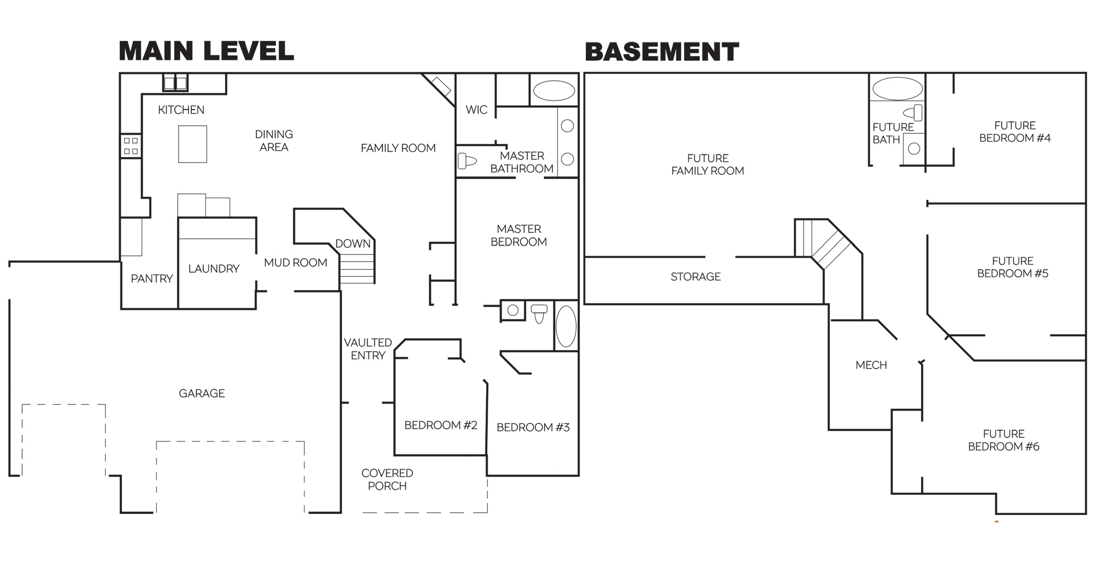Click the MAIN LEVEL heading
(206, 51)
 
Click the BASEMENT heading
(662, 52)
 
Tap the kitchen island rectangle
(193, 144)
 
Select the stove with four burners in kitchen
(131, 146)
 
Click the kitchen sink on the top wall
(176, 83)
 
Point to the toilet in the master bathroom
(467, 161)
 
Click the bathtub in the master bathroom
(554, 91)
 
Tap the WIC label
(476, 110)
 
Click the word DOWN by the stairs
(353, 243)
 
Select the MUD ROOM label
(295, 263)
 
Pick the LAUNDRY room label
(214, 269)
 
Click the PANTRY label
(152, 278)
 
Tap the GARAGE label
(202, 393)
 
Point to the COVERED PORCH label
(387, 479)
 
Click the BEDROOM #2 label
(441, 425)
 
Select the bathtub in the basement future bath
(898, 89)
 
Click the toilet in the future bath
(913, 113)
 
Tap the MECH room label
(871, 365)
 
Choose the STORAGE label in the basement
(696, 277)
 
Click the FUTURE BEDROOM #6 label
(1003, 440)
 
